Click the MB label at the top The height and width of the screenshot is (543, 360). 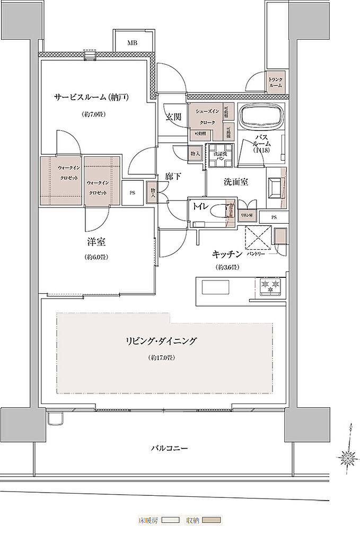click(132, 43)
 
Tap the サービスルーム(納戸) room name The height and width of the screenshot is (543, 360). click(92, 97)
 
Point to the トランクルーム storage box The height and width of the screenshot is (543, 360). click(276, 82)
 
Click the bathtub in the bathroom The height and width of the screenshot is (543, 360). click(262, 118)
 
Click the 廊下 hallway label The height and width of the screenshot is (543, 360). click(172, 177)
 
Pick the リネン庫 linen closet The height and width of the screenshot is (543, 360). click(247, 215)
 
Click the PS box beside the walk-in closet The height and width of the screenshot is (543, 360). click(132, 193)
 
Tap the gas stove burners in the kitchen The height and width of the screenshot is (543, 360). click(271, 287)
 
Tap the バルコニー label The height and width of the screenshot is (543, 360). click(169, 448)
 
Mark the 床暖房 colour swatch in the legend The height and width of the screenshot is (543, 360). click(171, 520)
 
